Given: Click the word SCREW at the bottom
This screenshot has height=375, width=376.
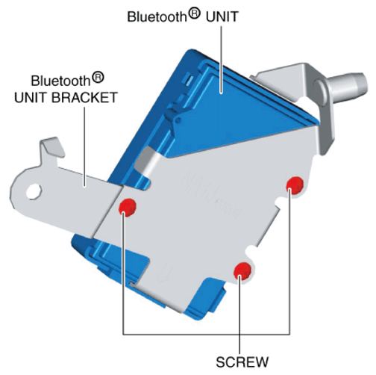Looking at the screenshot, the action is click(242, 362).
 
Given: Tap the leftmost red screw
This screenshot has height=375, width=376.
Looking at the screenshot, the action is click(128, 207).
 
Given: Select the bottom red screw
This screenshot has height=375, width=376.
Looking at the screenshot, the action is click(242, 270).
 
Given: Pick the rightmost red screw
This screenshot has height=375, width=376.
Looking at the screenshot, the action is click(295, 185).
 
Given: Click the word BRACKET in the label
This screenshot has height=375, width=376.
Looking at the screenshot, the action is click(84, 97).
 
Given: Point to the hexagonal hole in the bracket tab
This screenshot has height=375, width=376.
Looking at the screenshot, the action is click(34, 191).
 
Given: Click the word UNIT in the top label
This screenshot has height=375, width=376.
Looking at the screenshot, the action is click(222, 16).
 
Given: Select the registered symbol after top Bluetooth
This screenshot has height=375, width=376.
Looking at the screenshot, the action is click(194, 14).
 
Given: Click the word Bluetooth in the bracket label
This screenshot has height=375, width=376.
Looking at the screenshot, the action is click(60, 81).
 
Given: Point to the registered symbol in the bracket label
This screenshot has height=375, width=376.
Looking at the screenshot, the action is click(98, 78).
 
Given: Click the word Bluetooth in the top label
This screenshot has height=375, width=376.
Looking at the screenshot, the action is click(157, 16).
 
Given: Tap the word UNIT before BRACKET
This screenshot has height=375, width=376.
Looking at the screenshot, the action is click(31, 97).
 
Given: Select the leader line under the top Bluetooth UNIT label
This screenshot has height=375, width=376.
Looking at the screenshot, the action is click(221, 60).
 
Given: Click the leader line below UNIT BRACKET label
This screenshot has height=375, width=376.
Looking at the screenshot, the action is click(85, 146).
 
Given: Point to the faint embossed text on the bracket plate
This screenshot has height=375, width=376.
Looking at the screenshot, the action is click(211, 194).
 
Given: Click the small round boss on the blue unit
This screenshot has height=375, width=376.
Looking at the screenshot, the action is click(178, 120).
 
